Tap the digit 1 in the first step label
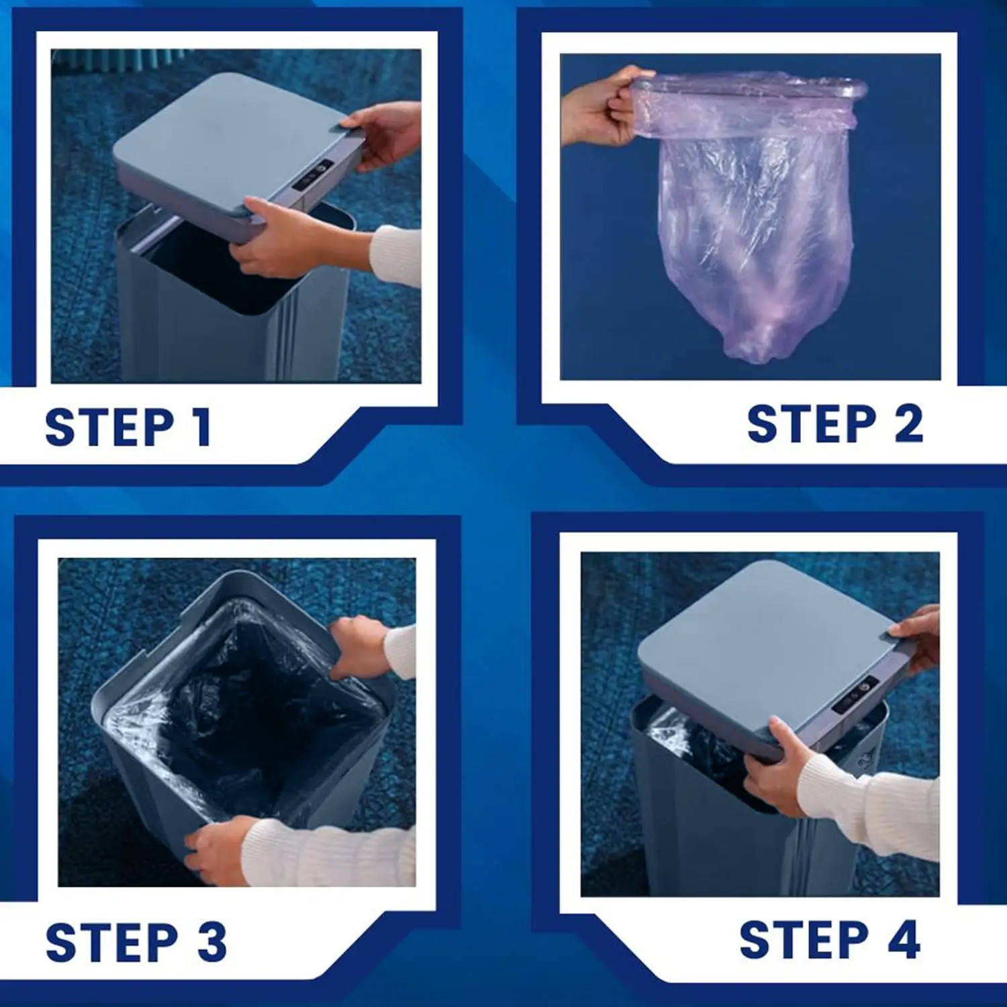click(x=201, y=427)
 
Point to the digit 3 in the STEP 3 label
click(x=212, y=942)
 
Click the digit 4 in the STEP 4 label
click(x=904, y=940)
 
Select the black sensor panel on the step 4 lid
click(x=855, y=695)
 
